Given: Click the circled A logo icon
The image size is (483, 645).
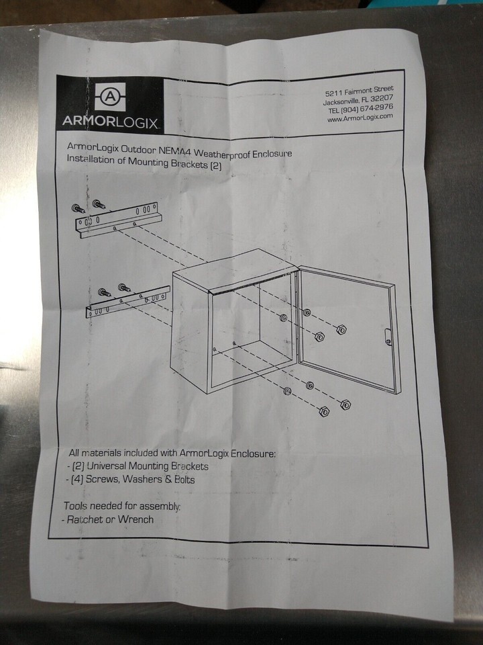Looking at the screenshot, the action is tap(110, 96).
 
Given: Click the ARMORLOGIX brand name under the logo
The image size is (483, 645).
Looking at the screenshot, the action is tap(110, 122).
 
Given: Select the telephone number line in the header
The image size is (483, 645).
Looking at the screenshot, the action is tap(360, 109).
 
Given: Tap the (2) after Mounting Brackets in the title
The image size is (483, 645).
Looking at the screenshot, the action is tap(215, 166).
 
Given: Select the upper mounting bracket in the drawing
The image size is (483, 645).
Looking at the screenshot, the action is tap(117, 221).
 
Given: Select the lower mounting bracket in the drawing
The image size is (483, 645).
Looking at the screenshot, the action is tap(127, 302).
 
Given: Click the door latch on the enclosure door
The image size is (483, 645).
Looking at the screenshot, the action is tap(388, 337).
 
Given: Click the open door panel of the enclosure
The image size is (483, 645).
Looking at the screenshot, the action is tap(347, 329).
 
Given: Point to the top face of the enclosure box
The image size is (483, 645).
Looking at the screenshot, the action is tap(234, 269).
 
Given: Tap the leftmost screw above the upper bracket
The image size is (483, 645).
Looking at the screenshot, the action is tap(78, 208).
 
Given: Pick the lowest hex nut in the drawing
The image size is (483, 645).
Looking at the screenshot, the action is tap(324, 411).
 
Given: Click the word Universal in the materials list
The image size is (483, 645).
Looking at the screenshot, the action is tap(107, 466).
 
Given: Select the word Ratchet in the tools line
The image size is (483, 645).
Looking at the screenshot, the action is tap(85, 519).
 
